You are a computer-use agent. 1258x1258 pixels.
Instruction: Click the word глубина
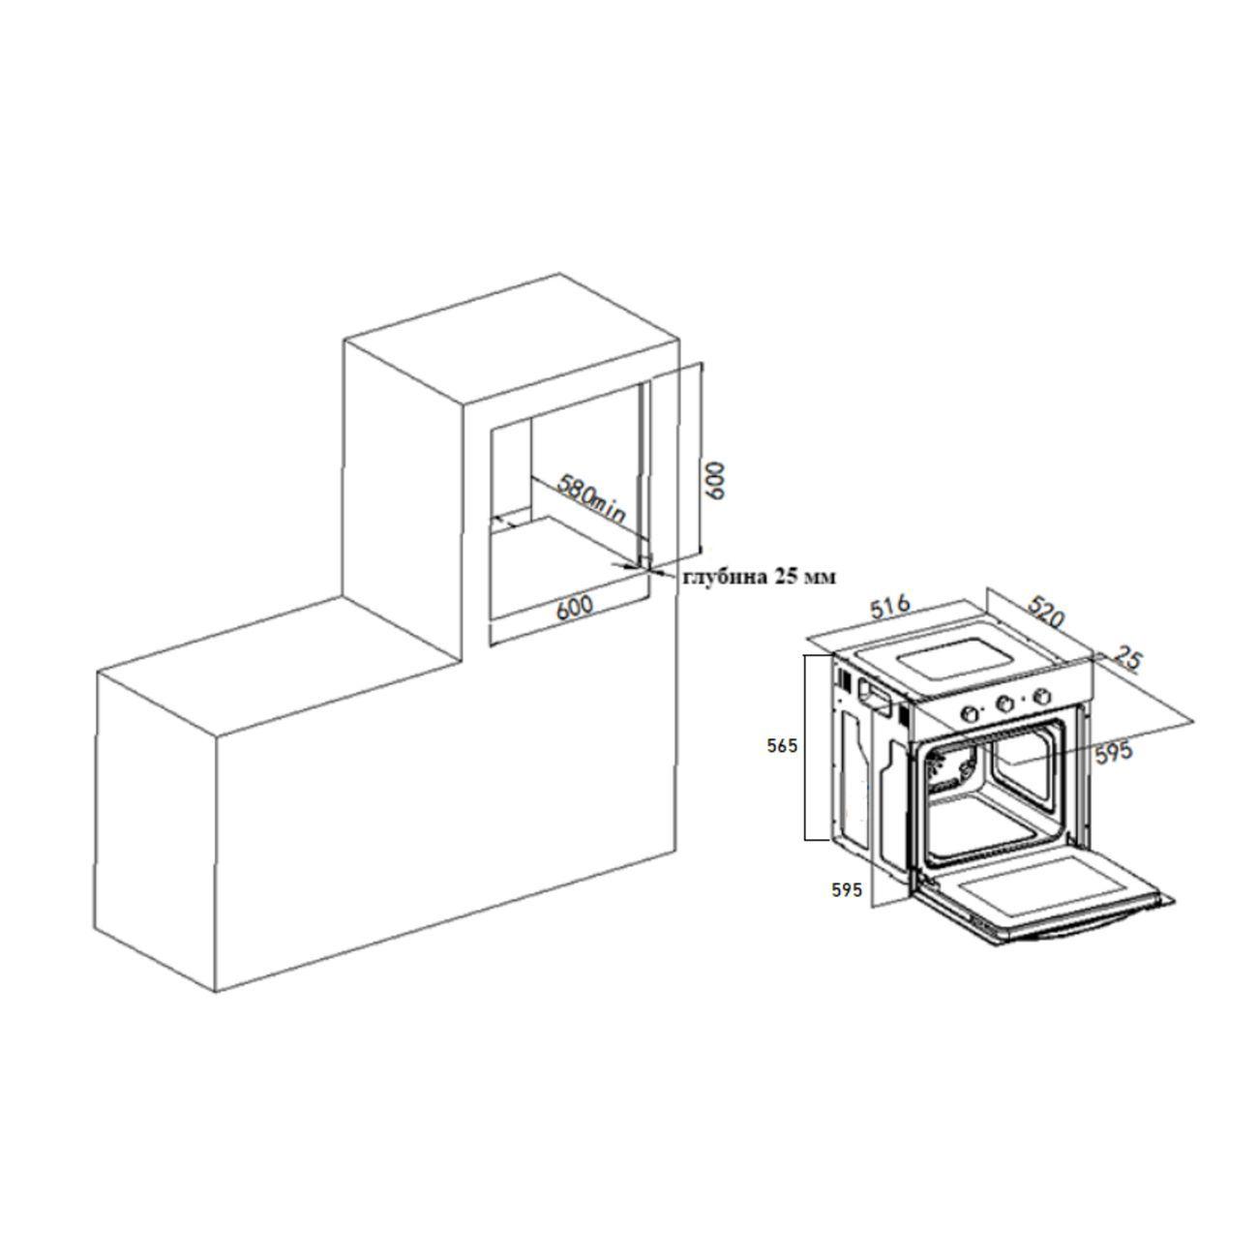[723, 577]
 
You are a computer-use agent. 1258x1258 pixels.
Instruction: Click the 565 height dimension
[782, 746]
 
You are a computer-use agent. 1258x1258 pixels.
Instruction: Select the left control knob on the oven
[968, 712]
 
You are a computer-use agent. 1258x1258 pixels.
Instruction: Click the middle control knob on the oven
[1006, 704]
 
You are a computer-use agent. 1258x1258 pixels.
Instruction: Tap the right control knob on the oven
[1042, 695]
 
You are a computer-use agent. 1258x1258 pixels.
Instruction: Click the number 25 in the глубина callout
[786, 577]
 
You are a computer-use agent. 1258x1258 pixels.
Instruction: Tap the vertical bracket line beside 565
[807, 746]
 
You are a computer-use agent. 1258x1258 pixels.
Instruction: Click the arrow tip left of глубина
[654, 574]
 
